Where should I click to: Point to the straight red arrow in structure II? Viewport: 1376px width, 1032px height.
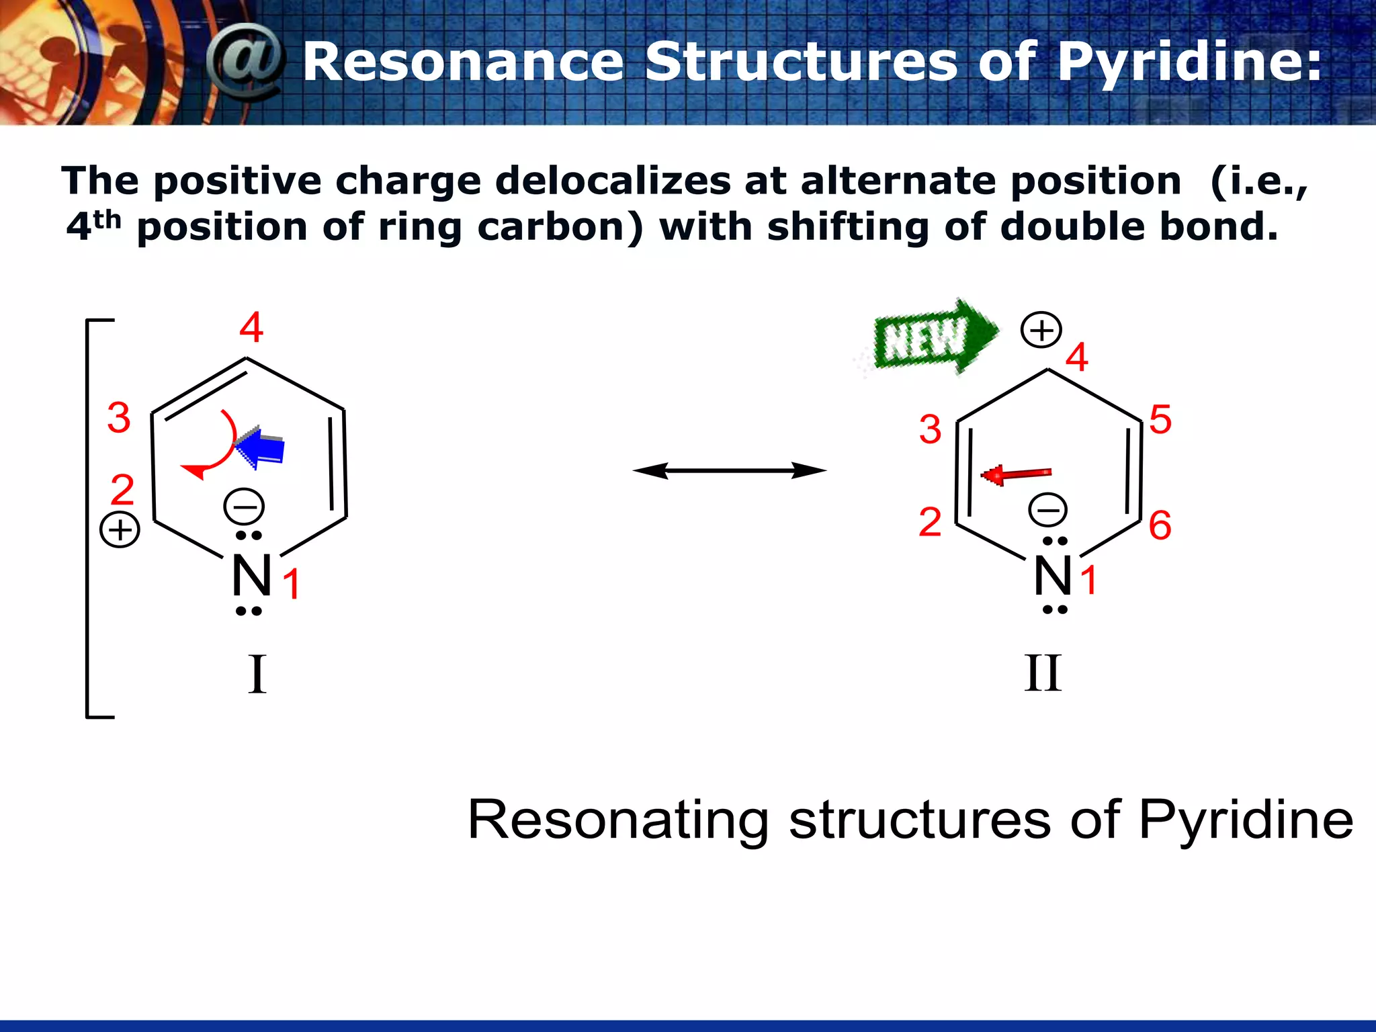click(x=1016, y=475)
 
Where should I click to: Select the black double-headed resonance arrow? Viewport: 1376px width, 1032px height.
click(x=730, y=471)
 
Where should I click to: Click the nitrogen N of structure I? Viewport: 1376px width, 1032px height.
click(x=251, y=576)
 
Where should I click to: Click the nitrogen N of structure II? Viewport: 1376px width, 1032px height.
click(x=1053, y=576)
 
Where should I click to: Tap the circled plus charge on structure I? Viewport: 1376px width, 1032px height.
click(x=120, y=530)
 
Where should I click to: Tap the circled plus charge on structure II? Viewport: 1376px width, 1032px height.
click(x=1041, y=330)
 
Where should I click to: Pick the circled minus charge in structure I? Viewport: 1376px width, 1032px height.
click(x=244, y=506)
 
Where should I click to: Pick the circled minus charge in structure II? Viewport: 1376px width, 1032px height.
click(x=1047, y=510)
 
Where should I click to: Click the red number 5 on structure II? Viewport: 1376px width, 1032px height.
click(x=1160, y=420)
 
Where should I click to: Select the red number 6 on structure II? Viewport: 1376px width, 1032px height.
click(x=1160, y=525)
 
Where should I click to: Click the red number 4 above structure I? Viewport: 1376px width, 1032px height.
click(x=251, y=328)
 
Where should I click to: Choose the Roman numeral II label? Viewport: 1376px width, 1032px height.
click(x=1043, y=673)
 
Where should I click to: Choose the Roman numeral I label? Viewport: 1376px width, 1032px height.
click(x=257, y=675)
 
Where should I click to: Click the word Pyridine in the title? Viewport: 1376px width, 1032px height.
click(x=1189, y=62)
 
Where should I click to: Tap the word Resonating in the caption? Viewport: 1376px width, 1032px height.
click(x=618, y=820)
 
